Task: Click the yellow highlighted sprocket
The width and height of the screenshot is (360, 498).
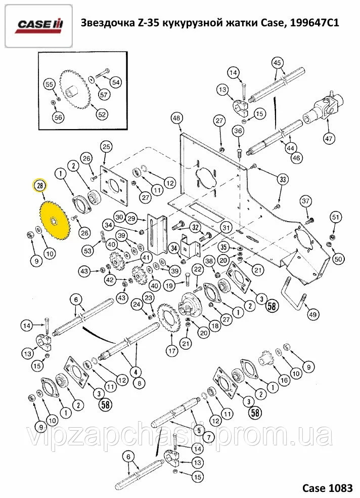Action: tap(54, 221)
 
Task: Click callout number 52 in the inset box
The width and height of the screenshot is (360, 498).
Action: tap(102, 114)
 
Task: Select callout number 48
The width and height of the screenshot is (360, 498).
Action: tap(176, 118)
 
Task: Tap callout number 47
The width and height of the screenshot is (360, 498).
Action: tap(329, 138)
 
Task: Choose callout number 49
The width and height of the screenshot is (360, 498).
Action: tap(313, 315)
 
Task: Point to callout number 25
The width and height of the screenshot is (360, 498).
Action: tap(106, 147)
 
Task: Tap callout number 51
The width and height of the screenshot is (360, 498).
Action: tap(335, 217)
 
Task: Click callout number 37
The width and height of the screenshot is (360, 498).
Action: tap(306, 201)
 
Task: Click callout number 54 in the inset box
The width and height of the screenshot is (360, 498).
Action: tap(116, 82)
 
